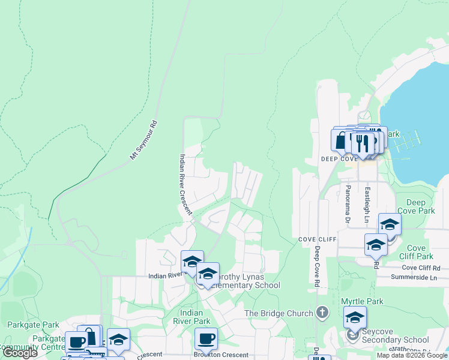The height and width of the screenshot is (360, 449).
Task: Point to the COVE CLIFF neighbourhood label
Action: click(x=318, y=239)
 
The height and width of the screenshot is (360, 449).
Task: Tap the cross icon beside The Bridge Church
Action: click(x=322, y=313)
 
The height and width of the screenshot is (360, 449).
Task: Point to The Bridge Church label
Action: click(x=279, y=313)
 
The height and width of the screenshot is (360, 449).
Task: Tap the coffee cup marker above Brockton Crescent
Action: click(x=206, y=338)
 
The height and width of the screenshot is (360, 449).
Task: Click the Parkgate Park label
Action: click(x=33, y=325)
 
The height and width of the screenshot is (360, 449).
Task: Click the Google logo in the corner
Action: click(x=20, y=353)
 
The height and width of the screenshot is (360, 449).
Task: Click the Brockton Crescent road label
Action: click(x=221, y=355)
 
